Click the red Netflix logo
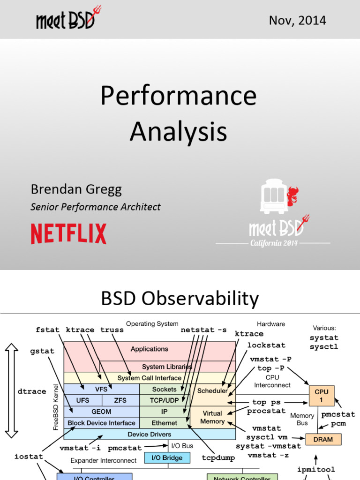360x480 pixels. (68, 233)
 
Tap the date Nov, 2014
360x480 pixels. (297, 21)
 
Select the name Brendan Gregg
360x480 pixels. (76, 189)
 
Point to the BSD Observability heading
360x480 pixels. (180, 299)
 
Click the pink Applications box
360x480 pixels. (149, 349)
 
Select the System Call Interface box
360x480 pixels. (149, 378)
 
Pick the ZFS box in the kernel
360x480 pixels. (120, 400)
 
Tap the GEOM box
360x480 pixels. (101, 412)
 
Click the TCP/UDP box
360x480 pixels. (164, 400)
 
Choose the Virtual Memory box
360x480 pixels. (212, 417)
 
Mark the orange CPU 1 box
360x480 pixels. (322, 396)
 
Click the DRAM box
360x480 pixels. (323, 439)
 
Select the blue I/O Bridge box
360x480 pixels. (167, 457)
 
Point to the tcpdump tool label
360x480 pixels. (218, 457)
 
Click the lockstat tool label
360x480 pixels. (266, 345)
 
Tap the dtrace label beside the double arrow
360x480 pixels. (31, 391)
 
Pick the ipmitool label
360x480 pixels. (316, 469)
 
